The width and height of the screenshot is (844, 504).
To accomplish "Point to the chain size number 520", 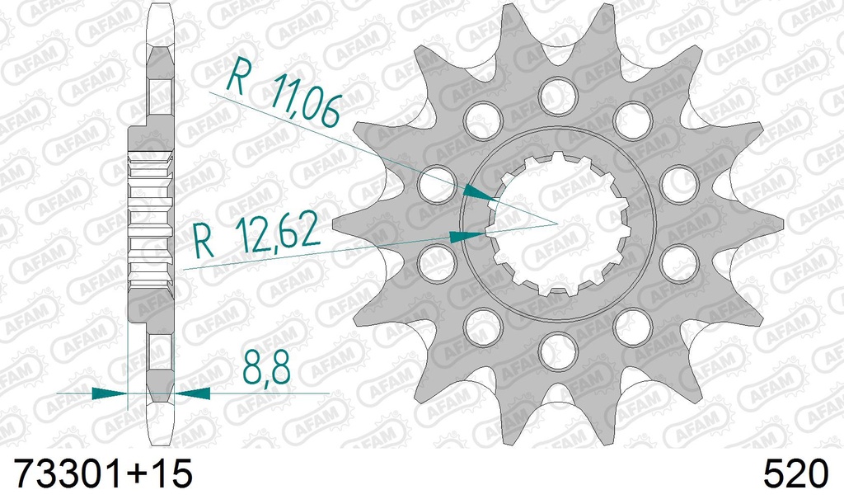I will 796,477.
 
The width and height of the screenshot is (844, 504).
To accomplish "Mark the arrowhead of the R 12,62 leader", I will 468,236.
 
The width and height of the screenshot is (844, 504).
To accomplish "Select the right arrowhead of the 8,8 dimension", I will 191,393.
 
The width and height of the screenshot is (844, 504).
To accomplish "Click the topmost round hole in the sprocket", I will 558,96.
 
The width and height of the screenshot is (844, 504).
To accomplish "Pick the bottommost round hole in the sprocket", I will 558,355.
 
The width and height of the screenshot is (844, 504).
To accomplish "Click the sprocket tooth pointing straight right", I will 771,224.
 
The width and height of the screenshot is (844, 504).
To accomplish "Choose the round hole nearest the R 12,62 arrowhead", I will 437,263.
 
